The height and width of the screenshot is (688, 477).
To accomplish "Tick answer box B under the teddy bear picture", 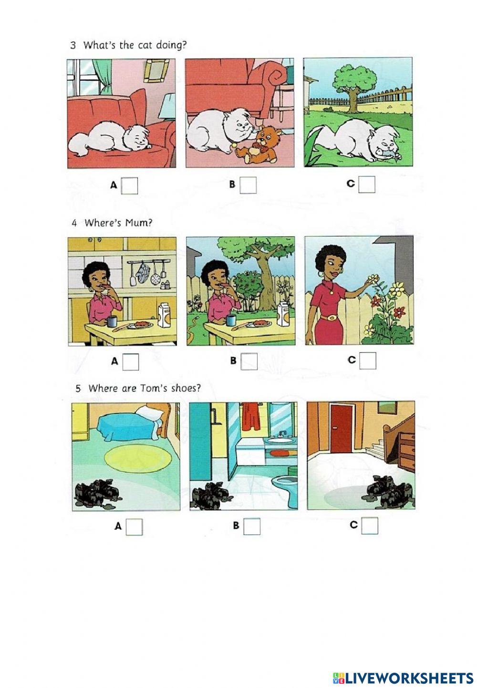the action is (248, 185).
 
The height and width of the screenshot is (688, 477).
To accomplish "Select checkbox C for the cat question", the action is (367, 184).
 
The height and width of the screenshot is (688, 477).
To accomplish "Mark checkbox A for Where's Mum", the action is (130, 362).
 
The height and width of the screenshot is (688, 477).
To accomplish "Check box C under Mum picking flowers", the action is (368, 360).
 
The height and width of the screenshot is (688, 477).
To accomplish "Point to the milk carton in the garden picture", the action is (283, 314).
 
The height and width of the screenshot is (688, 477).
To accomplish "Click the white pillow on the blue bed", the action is (149, 411).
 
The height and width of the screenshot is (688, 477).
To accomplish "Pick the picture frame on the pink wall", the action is (156, 71).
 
